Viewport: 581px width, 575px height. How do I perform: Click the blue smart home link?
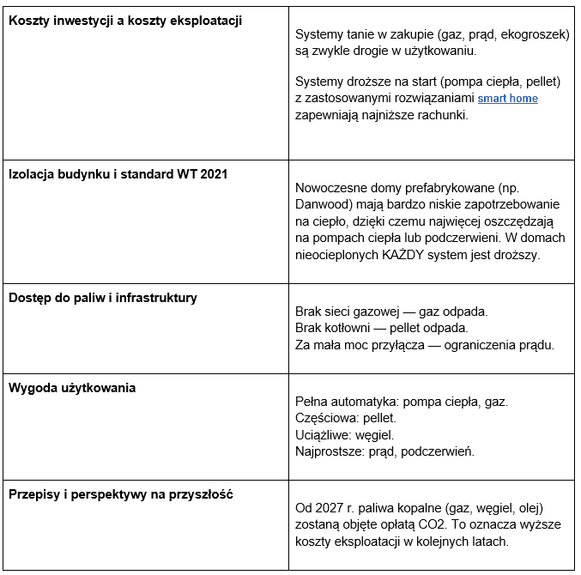tap(507, 99)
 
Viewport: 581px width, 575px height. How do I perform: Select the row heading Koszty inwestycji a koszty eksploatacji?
tap(125, 20)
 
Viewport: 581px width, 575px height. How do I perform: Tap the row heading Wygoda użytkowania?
tap(72, 387)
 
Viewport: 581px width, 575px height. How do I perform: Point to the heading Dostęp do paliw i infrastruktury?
tap(102, 298)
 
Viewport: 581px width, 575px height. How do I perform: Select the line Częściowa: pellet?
tap(346, 418)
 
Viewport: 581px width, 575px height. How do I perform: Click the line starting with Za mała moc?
tap(424, 346)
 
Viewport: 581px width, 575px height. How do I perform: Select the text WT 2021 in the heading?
tap(203, 173)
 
